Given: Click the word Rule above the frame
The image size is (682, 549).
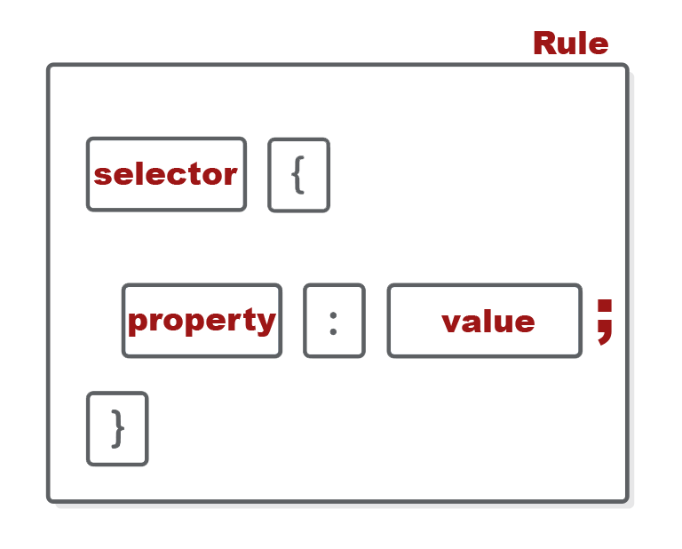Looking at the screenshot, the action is (570, 43).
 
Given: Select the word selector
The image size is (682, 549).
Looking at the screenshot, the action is (166, 174).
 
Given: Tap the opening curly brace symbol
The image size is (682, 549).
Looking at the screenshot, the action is (298, 175).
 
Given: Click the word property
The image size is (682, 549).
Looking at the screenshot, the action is (202, 321).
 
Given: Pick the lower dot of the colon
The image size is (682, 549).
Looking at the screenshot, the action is (333, 331).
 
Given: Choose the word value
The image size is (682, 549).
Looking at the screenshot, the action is (488, 321).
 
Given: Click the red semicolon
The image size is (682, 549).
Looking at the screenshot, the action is (605, 321).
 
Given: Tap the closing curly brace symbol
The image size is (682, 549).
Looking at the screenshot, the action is (117, 429).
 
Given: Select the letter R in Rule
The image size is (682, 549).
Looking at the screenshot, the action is (543, 43).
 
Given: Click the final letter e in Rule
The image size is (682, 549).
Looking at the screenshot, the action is (599, 44).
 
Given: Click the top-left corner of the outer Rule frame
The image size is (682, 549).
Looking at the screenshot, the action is (51, 67).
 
